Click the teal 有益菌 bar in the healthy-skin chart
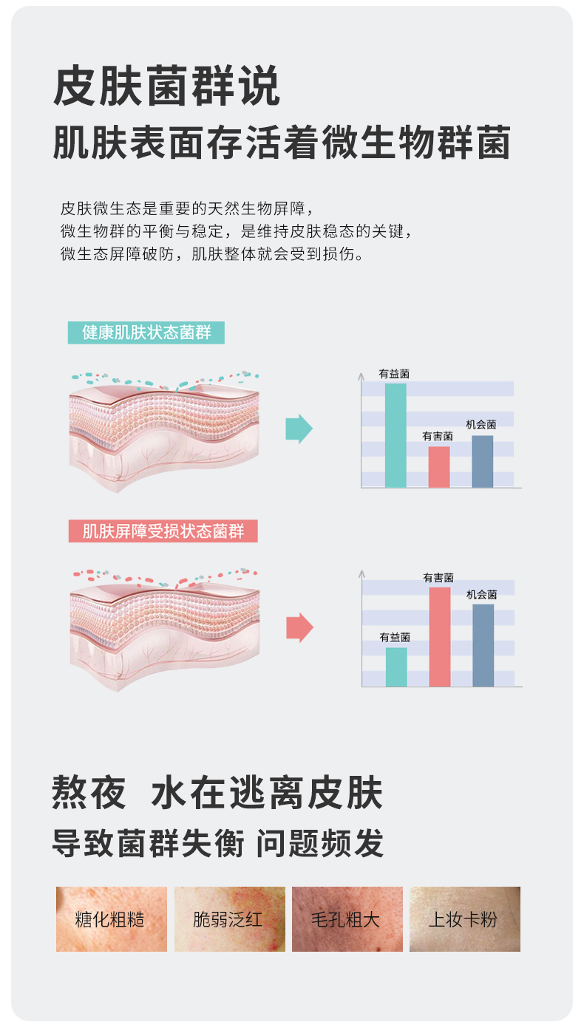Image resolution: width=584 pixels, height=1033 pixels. point(395,435)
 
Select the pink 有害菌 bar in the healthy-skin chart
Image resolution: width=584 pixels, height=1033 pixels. point(439,467)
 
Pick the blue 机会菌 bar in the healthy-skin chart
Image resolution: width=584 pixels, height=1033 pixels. point(482,461)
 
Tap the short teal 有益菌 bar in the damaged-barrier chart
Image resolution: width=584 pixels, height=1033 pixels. point(396,666)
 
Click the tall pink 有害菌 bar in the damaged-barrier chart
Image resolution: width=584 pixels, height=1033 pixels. point(440,637)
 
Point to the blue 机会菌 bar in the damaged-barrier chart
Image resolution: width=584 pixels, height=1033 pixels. point(483,645)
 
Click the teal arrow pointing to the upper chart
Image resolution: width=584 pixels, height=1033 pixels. point(299,429)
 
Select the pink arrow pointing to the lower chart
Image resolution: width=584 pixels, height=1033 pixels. point(299,627)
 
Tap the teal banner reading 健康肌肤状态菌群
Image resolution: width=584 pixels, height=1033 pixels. point(146,333)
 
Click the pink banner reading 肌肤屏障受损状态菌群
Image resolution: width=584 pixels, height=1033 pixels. point(163,531)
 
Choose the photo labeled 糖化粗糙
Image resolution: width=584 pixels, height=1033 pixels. point(112,919)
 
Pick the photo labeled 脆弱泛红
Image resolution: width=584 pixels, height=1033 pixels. point(229,919)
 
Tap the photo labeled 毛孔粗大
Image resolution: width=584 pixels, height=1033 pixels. point(347,919)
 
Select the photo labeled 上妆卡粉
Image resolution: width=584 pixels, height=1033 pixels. point(465,919)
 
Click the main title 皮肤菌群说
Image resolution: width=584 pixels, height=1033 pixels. point(167,87)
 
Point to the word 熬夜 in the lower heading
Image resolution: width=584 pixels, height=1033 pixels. point(89,793)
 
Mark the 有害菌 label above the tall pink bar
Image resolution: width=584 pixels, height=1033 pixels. point(438,578)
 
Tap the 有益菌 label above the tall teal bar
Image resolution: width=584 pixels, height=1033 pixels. point(394,374)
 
